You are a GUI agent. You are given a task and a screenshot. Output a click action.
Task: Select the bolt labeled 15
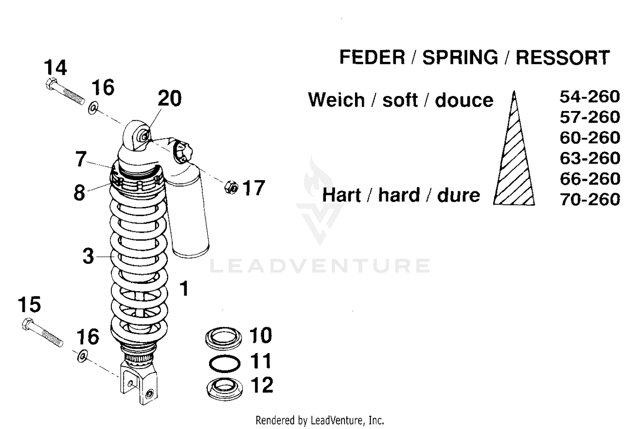point(41,333)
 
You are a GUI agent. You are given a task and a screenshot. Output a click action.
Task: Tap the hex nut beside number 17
point(231,187)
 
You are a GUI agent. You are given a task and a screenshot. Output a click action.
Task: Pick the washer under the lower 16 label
point(82,355)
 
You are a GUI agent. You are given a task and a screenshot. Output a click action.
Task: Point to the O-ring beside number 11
point(224,363)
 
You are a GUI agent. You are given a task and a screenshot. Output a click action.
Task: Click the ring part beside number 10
point(223,337)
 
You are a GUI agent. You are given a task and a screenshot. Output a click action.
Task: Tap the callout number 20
point(169,99)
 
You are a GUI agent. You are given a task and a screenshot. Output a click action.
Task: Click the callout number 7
point(81,159)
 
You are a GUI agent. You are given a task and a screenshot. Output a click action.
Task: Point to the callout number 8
point(79,193)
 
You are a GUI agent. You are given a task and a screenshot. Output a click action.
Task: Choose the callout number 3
point(88,256)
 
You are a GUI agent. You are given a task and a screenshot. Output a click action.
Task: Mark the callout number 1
point(184,289)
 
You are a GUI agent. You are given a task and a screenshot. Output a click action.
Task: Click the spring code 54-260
point(590,97)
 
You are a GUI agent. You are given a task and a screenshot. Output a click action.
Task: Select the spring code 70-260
point(590,199)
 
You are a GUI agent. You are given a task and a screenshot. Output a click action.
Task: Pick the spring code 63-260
point(590,158)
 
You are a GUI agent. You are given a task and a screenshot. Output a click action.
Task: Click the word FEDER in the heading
point(372,58)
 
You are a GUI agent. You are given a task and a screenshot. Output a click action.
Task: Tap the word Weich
point(336,100)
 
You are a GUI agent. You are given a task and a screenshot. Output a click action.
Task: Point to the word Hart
point(341,196)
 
